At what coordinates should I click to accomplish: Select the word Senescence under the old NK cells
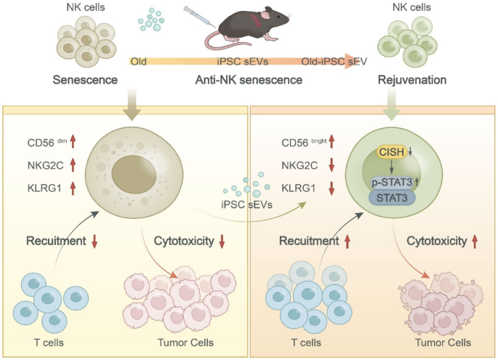click(x=85, y=79)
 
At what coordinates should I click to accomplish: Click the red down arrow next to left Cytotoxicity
click(x=222, y=240)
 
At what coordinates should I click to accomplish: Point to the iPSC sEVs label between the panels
click(x=249, y=204)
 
